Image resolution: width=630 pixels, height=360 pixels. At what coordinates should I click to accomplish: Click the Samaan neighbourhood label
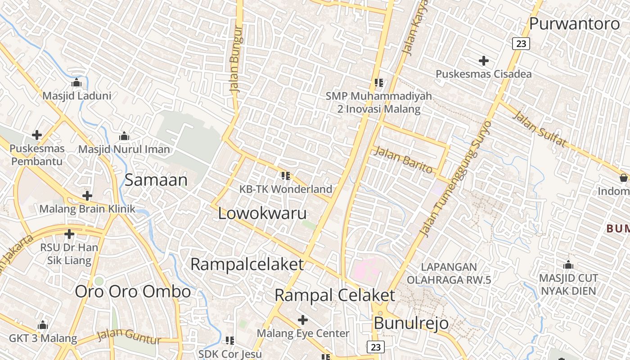pyautogui.click(x=156, y=180)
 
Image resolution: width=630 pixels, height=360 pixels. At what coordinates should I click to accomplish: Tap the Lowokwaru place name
pyautogui.click(x=262, y=213)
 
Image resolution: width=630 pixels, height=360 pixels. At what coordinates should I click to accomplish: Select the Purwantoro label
pyautogui.click(x=574, y=23)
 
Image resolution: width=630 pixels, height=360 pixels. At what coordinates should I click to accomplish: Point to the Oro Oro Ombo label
pyautogui.click(x=133, y=292)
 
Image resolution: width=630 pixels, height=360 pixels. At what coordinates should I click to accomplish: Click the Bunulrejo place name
pyautogui.click(x=411, y=323)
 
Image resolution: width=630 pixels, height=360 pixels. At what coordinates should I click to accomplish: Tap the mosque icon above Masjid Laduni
pyautogui.click(x=76, y=83)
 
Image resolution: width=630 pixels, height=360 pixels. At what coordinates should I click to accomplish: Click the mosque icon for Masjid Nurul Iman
pyautogui.click(x=124, y=136)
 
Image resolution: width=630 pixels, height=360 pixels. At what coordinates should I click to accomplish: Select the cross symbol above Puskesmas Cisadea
pyautogui.click(x=484, y=60)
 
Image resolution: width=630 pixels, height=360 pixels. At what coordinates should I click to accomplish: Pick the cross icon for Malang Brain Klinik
pyautogui.click(x=87, y=196)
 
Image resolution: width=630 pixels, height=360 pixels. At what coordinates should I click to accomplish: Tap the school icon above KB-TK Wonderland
pyautogui.click(x=285, y=175)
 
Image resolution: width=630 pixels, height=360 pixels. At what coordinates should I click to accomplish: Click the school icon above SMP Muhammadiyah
pyautogui.click(x=378, y=82)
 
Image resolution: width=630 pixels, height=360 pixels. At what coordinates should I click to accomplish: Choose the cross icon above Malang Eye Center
pyautogui.click(x=303, y=320)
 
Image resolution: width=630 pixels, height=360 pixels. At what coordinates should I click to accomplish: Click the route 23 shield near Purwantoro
pyautogui.click(x=521, y=44)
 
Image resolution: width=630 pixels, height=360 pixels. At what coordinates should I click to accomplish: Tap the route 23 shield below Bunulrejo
pyautogui.click(x=376, y=347)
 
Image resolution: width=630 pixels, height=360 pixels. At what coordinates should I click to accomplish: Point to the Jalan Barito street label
pyautogui.click(x=403, y=159)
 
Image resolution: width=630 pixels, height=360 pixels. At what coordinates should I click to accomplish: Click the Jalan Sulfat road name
pyautogui.click(x=539, y=129)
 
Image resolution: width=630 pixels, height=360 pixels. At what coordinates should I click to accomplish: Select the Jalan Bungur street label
pyautogui.click(x=236, y=59)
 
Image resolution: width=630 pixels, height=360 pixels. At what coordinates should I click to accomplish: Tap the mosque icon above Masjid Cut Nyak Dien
pyautogui.click(x=568, y=265)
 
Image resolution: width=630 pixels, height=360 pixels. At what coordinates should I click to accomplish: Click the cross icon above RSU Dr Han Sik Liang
pyautogui.click(x=69, y=234)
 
